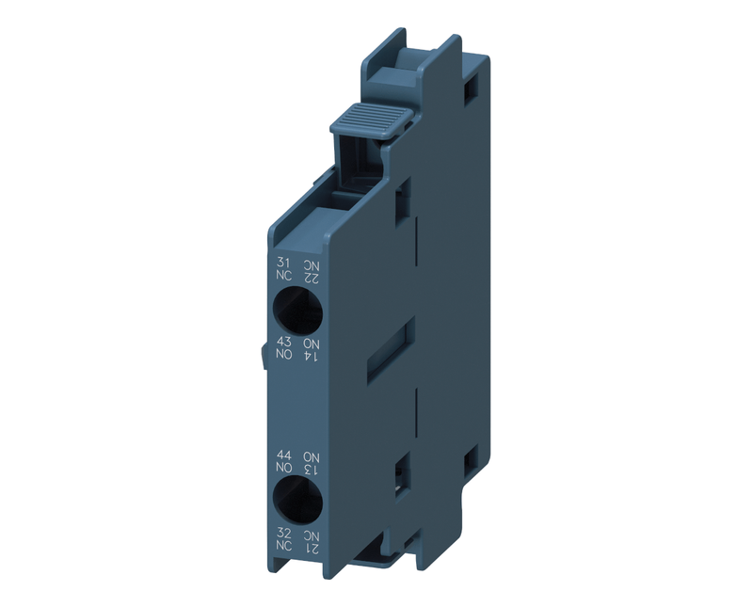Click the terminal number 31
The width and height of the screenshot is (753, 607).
pyautogui.click(x=283, y=263)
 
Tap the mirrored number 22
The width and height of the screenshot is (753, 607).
pyautogui.click(x=311, y=278)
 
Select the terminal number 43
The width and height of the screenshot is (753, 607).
pyautogui.click(x=284, y=342)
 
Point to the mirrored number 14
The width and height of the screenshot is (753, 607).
pyautogui.click(x=312, y=356)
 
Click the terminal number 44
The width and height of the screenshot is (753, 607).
pyautogui.click(x=284, y=455)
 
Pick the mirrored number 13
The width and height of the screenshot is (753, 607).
pyautogui.click(x=312, y=470)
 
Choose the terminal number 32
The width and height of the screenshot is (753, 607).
pyautogui.click(x=284, y=533)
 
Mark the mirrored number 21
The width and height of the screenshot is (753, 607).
pyautogui.click(x=312, y=548)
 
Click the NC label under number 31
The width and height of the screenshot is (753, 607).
pyautogui.click(x=284, y=276)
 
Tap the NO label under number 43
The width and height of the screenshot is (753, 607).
pyautogui.click(x=284, y=355)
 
